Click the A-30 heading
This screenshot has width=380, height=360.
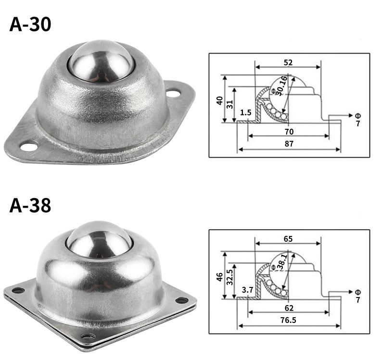click(x=30, y=25)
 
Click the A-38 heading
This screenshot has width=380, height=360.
click(x=30, y=205)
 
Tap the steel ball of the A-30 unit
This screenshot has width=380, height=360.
click(x=101, y=62)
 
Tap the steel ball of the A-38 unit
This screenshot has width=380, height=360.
click(x=100, y=240)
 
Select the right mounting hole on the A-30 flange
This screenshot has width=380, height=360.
click(x=173, y=93)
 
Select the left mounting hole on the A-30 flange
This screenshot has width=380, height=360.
click(x=29, y=147)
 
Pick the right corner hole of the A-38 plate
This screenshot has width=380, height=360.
click(x=182, y=300)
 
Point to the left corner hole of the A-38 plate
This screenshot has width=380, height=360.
click(x=18, y=290)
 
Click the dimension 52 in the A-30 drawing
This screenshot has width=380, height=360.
click(x=288, y=62)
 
